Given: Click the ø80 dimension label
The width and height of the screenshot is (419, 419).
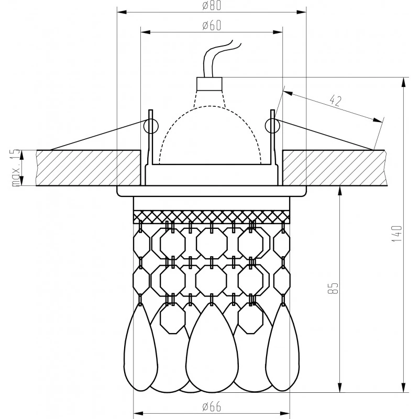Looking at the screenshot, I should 211,6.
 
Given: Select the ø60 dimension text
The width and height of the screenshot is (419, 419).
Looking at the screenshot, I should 211,26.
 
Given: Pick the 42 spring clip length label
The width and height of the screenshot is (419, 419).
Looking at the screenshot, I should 336,101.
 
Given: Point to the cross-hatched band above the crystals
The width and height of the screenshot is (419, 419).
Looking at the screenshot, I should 211,216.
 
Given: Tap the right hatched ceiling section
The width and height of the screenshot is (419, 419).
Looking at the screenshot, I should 335,168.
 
